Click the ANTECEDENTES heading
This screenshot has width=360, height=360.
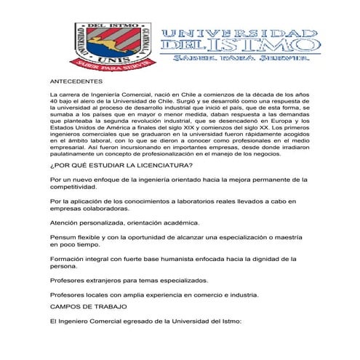73,84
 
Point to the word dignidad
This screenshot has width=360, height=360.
264,279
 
